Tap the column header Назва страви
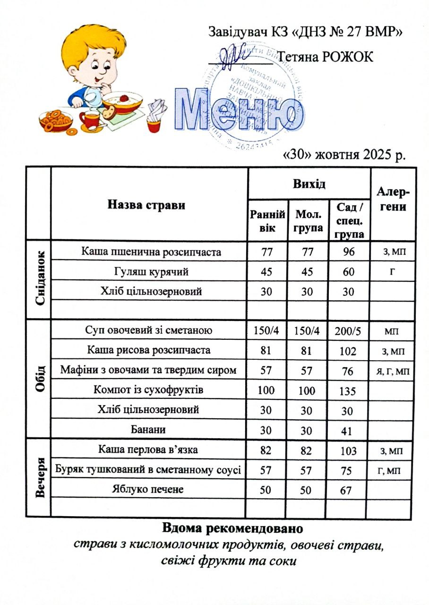146,205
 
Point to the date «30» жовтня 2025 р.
343,155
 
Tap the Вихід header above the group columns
309,183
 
